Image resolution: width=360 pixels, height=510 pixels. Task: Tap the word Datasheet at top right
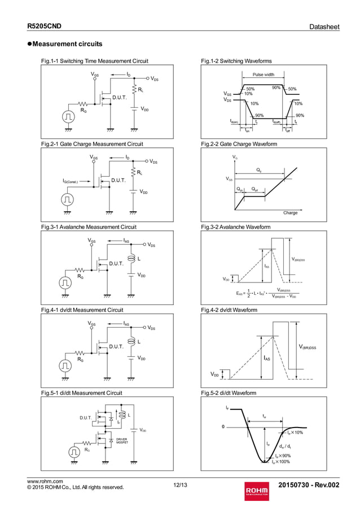pyautogui.click(x=324, y=27)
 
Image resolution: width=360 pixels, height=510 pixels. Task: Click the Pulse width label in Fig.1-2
pyautogui.click(x=264, y=75)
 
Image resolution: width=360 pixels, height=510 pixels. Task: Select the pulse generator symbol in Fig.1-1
pyautogui.click(x=68, y=116)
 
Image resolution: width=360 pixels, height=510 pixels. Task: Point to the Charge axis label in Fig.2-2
pyautogui.click(x=290, y=213)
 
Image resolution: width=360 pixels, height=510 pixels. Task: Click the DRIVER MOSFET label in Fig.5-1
pyautogui.click(x=122, y=441)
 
